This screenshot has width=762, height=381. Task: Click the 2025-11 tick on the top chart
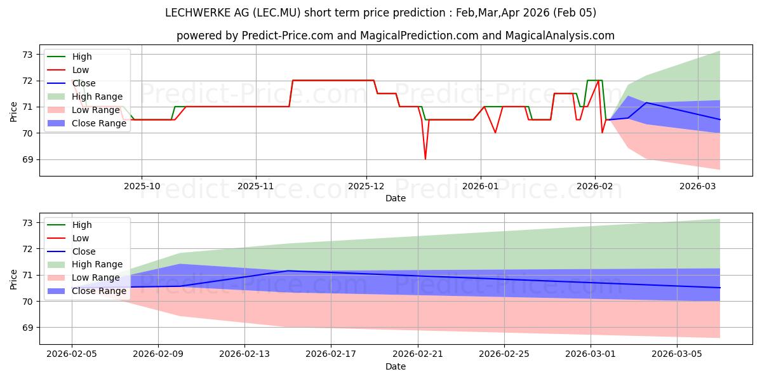pos(256,186)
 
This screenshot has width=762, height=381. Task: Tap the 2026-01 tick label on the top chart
pos(481,186)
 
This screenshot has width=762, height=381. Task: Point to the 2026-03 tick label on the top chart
pos(698,186)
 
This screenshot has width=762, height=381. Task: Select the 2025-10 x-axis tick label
pos(142,186)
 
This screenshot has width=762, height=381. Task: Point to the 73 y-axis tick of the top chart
pos(27,55)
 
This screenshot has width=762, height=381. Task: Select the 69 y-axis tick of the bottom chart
pos(27,328)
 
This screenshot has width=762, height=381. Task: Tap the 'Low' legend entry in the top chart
pos(81,70)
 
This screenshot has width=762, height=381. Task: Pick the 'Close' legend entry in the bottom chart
pos(83,251)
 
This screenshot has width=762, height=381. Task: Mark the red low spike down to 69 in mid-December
pos(425,158)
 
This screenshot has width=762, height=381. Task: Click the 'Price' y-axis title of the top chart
pos(14,111)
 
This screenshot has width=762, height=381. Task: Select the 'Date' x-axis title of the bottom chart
pos(396,366)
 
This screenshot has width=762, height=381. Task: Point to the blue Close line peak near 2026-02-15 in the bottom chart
pos(288,271)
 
